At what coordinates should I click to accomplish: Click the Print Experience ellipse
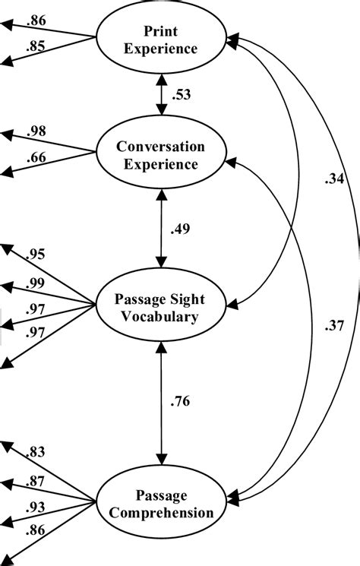[x=161, y=40]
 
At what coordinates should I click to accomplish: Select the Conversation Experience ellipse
[x=161, y=154]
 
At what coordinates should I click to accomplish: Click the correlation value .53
[x=182, y=96]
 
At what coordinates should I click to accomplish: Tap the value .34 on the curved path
[x=332, y=179]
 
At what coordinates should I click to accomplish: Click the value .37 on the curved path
[x=332, y=326]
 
